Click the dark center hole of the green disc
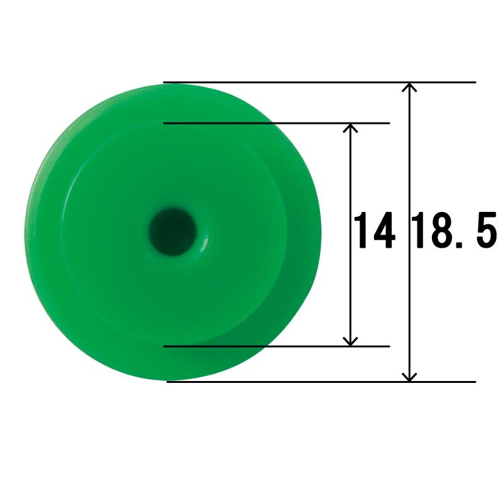click(172, 231)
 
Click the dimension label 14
click(374, 230)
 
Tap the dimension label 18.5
click(454, 230)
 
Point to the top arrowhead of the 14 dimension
click(350, 128)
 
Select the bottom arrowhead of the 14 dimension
click(350, 341)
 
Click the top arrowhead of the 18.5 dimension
click(409, 87)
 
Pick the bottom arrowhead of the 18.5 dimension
click(409, 377)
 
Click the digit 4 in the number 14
click(383, 230)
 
